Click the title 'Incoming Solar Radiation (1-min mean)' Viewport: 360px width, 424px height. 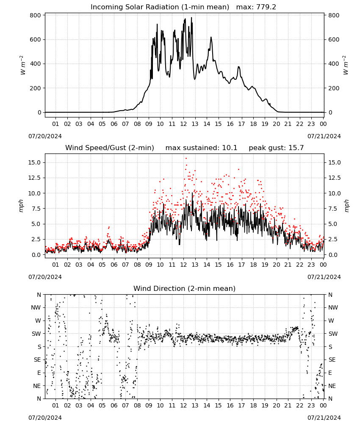[160, 7]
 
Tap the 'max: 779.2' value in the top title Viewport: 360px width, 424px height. [256, 7]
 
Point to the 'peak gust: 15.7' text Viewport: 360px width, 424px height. [276, 148]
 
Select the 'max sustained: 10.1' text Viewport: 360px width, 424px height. [201, 148]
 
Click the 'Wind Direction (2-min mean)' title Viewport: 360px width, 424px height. [185, 288]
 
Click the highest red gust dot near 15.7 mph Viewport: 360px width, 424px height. [186, 159]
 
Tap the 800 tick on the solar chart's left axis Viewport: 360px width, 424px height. [36, 15]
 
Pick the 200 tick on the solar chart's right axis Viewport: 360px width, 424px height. [334, 88]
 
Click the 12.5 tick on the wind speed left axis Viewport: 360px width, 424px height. [35, 178]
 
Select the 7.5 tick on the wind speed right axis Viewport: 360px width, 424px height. [333, 209]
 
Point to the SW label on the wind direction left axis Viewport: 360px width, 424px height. [36, 334]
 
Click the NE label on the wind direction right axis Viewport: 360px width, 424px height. [332, 386]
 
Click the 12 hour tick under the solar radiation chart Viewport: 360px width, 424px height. [183, 124]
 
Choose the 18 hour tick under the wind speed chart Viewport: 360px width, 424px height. [253, 265]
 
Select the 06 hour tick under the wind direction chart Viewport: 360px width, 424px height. [114, 405]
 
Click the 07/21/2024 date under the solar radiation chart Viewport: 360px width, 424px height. [324, 136]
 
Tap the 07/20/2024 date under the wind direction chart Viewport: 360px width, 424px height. [45, 418]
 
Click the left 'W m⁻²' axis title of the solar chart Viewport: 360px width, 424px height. [22, 65]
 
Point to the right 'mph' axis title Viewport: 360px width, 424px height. [346, 206]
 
